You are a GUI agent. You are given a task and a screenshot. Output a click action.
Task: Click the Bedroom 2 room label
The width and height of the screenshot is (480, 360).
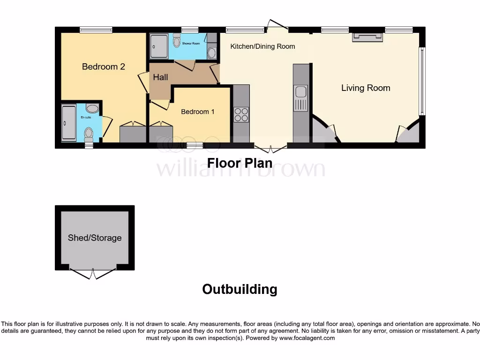coord(103,67)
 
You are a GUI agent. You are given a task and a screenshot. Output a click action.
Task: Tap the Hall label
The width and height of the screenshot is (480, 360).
coord(160,77)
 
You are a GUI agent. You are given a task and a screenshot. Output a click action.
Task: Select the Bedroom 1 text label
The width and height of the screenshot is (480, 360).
coord(198,112)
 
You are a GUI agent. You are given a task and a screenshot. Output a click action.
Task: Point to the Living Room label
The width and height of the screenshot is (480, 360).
coord(366,88)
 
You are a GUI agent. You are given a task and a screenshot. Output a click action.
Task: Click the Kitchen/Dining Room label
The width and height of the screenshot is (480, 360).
coord(262,46)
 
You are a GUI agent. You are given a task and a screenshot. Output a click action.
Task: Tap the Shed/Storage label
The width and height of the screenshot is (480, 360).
coord(95,238)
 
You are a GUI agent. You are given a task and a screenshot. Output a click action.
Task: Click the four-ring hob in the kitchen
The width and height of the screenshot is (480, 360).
coord(241,114)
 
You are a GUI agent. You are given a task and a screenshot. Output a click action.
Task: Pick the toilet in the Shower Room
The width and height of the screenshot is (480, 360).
coord(176,43)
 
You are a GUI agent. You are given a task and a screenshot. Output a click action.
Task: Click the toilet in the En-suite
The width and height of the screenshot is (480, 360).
coord(89,135)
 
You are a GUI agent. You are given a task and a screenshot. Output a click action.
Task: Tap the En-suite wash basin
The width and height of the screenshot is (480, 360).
coord(93,109)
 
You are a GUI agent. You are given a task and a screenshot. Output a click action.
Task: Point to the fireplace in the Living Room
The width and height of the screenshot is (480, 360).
coord(367,37)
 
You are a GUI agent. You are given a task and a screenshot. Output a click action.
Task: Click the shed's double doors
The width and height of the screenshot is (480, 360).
coord(93,273)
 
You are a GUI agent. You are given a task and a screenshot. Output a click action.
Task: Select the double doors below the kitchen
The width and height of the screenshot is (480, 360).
coord(270,149)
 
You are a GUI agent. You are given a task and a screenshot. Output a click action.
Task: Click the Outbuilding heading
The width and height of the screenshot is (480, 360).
coord(240,289)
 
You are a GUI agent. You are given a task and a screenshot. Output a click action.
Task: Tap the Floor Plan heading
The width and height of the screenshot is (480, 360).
coord(240,163)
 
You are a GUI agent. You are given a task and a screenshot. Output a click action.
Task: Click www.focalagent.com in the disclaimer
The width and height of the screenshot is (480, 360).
coord(307,338)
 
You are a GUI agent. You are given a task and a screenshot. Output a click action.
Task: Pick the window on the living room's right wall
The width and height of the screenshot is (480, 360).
coord(422,81)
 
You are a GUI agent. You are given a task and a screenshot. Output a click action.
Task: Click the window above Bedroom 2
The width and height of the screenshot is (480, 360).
coord(96,30)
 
